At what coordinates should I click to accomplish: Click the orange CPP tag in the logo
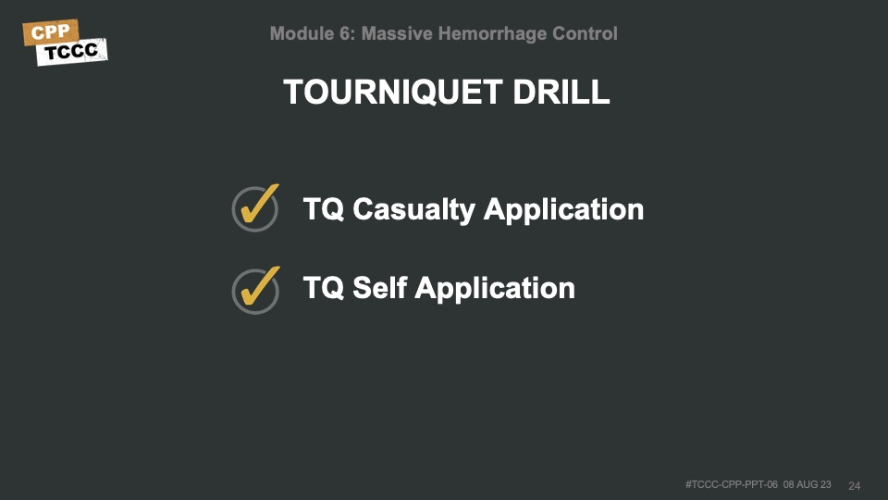click(50, 32)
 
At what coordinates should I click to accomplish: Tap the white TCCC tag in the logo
click(71, 52)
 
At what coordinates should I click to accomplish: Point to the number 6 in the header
click(345, 33)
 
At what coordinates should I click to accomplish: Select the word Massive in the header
click(397, 33)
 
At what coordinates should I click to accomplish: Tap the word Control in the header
click(585, 33)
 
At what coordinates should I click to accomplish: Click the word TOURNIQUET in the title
click(393, 92)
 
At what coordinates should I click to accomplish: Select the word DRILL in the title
click(561, 92)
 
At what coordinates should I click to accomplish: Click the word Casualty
click(414, 210)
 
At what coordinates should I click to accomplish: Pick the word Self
click(380, 287)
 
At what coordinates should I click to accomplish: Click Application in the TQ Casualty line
click(563, 210)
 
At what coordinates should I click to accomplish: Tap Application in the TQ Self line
click(495, 289)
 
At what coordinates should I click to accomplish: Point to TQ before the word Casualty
click(324, 209)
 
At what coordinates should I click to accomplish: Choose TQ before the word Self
click(324, 287)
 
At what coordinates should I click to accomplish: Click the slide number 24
click(854, 486)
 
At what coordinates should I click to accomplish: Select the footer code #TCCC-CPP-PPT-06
click(731, 484)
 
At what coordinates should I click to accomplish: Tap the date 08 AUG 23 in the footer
click(807, 484)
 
